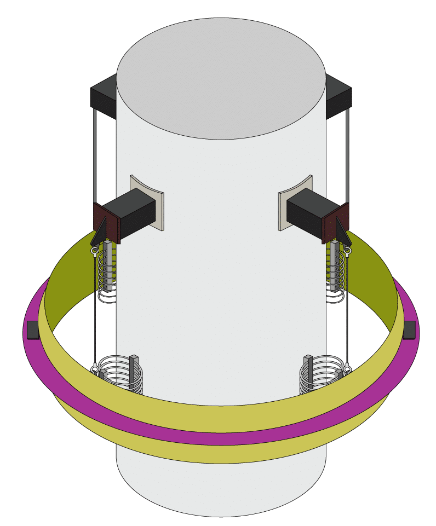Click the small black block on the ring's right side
tap(409, 330)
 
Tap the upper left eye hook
tap(95, 252)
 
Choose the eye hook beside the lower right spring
tap(346, 368)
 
